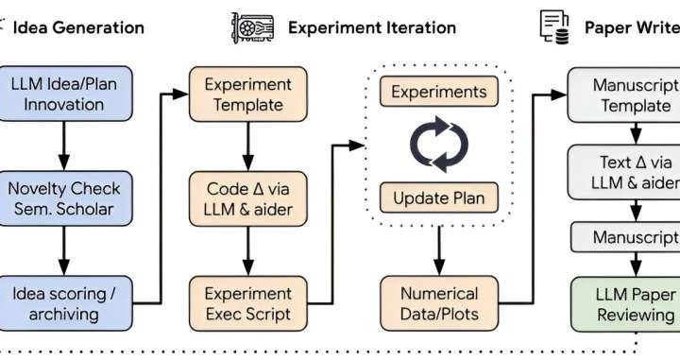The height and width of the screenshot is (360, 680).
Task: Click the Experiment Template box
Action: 246,93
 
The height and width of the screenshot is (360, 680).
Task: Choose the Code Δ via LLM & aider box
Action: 246,198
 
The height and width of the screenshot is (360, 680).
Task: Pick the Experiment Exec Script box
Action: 246,303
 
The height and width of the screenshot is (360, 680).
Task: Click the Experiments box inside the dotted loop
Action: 438,93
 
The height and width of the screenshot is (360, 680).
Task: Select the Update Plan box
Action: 438,197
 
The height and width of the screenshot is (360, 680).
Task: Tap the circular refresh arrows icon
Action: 438,145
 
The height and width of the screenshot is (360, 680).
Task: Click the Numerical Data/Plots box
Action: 438,303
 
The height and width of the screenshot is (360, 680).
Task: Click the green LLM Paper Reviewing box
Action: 623,303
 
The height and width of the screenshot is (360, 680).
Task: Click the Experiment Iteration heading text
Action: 371,26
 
